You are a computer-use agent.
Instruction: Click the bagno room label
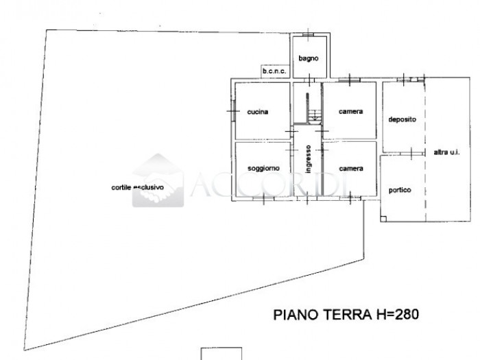pyautogui.click(x=309, y=58)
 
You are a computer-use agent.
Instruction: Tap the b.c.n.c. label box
pyautogui.click(x=275, y=71)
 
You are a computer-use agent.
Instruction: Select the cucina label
pyautogui.click(x=257, y=112)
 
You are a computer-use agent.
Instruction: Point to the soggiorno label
pyautogui.click(x=263, y=169)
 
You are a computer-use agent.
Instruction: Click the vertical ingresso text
pyautogui.click(x=309, y=159)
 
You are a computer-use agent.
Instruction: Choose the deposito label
pyautogui.click(x=402, y=119)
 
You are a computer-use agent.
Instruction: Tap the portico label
pyautogui.click(x=400, y=190)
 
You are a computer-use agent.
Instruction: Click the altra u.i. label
pyautogui.click(x=446, y=152)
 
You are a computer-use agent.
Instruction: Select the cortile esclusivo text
pyautogui.click(x=137, y=187)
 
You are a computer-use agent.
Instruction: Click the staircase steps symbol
pyautogui.click(x=314, y=116)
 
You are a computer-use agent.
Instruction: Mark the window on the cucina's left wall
pyautogui.click(x=234, y=110)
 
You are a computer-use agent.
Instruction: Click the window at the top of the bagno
pyautogui.click(x=309, y=34)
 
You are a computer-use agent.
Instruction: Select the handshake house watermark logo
pyautogui.click(x=158, y=180)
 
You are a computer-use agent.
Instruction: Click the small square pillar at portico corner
pyautogui.click(x=383, y=219)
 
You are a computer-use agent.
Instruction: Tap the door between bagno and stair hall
pyautogui.click(x=309, y=80)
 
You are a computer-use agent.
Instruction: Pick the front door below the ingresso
pyautogui.click(x=307, y=199)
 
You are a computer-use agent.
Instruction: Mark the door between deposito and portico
pyautogui.click(x=411, y=154)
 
